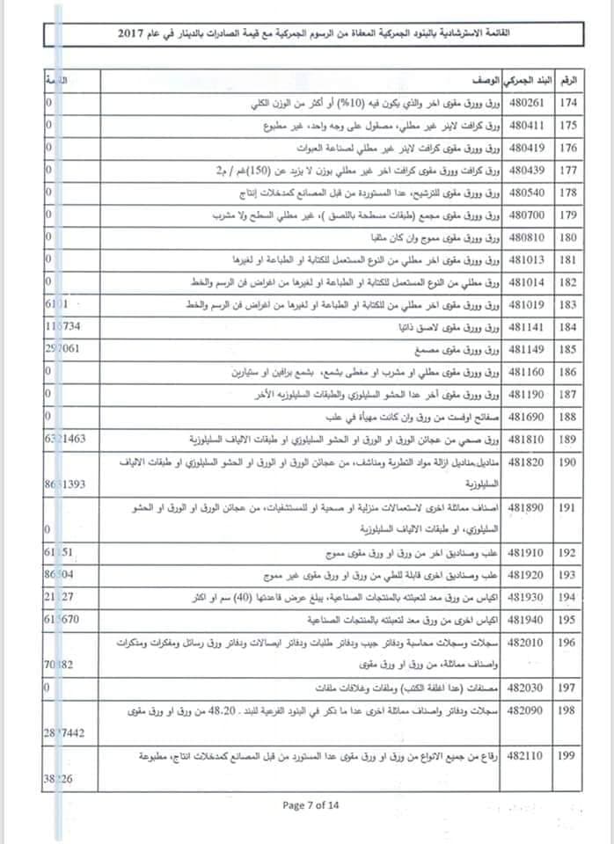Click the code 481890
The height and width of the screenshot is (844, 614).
(x=525, y=508)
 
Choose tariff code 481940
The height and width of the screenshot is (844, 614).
(x=525, y=619)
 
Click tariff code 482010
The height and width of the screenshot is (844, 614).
(x=525, y=643)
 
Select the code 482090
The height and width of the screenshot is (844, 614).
(x=525, y=709)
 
